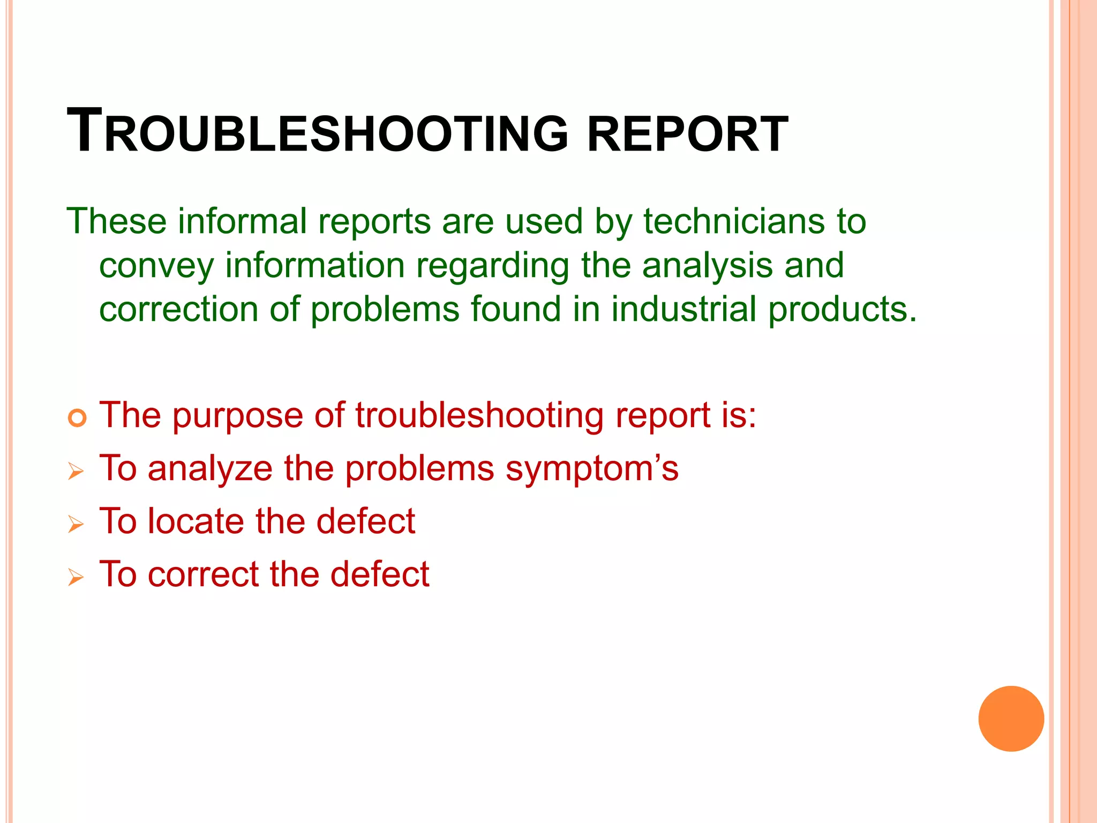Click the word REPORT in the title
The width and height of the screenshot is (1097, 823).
click(687, 134)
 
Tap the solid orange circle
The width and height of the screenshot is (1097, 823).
click(1011, 719)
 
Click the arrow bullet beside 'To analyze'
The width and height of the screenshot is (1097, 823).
click(76, 472)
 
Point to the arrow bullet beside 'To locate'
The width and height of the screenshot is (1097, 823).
click(76, 524)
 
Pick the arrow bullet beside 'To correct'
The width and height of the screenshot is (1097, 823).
click(76, 577)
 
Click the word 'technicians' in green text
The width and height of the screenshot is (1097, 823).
click(732, 221)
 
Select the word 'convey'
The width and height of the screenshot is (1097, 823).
click(156, 266)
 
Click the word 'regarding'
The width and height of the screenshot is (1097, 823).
click(493, 266)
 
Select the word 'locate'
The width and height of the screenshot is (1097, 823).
click(196, 521)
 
